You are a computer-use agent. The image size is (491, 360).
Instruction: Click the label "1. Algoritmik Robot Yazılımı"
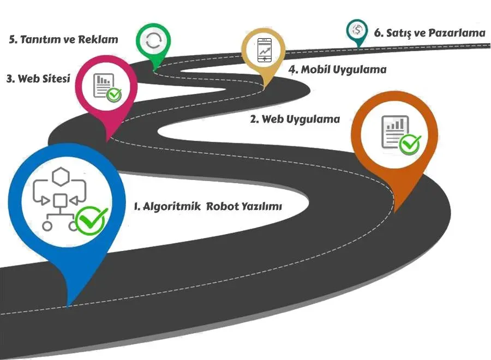pos(208,207)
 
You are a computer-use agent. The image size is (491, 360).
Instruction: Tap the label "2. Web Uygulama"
pos(295,119)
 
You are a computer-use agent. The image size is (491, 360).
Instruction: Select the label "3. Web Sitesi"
pos(38,79)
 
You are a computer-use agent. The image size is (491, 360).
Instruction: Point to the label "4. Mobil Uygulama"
pos(337,70)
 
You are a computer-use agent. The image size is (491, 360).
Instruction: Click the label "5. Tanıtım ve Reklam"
pos(64,39)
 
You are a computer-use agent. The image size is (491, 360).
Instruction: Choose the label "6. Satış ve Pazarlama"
pos(429,33)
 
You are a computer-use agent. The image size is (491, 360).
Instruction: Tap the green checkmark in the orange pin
pos(410,145)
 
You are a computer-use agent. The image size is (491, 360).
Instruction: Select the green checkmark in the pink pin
pos(114,95)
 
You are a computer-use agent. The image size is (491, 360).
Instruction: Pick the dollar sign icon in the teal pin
pos(357,29)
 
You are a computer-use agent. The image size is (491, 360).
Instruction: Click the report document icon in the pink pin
pos(101,85)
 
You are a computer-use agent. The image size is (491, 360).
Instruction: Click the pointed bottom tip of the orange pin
pos(394,212)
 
